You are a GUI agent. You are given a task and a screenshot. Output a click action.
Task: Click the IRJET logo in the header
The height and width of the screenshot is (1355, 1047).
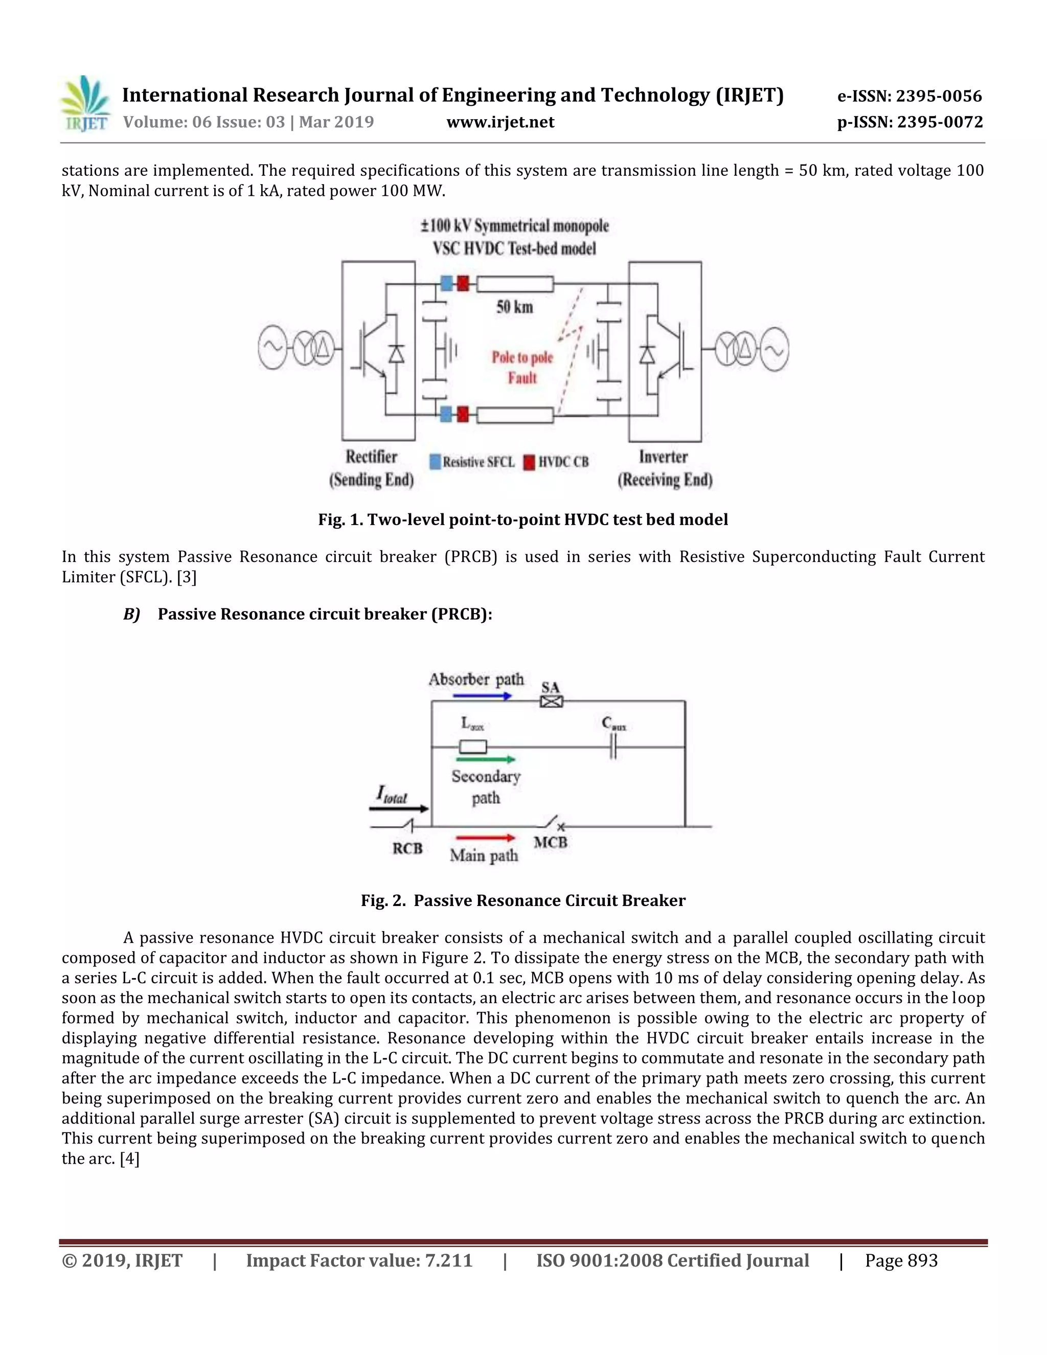(85, 104)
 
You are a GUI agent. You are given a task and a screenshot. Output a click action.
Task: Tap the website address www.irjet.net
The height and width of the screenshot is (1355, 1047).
(500, 122)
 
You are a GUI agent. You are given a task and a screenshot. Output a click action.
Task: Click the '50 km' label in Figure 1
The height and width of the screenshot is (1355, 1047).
(514, 306)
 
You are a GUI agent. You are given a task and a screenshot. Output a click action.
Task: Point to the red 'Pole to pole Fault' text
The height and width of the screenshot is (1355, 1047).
(522, 367)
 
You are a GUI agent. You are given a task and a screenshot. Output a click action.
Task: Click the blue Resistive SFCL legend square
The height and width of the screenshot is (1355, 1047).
(436, 462)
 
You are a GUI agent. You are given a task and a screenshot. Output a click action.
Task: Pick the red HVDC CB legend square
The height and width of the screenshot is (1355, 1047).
(529, 462)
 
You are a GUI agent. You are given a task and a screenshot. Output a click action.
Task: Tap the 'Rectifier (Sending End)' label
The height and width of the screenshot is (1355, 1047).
(372, 468)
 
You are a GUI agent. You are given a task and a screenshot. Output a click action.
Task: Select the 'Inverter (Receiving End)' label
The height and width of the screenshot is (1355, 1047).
(664, 468)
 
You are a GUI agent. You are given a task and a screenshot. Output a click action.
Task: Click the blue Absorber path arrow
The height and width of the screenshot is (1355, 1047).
(482, 696)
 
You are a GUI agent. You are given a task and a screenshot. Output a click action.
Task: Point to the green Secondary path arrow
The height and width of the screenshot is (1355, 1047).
(486, 759)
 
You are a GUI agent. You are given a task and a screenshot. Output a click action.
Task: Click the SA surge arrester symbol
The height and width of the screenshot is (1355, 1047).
(551, 702)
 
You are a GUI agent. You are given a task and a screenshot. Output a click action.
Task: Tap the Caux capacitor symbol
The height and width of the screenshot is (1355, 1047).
(613, 748)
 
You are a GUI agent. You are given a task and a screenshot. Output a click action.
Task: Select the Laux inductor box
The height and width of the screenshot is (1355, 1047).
(473, 747)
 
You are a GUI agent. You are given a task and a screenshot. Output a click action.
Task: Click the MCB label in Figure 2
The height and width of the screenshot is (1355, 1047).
(550, 843)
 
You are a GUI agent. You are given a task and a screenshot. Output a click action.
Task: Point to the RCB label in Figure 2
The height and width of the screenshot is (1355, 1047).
(407, 848)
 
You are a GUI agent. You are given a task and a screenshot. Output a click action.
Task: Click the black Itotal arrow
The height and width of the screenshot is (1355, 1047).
(398, 808)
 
